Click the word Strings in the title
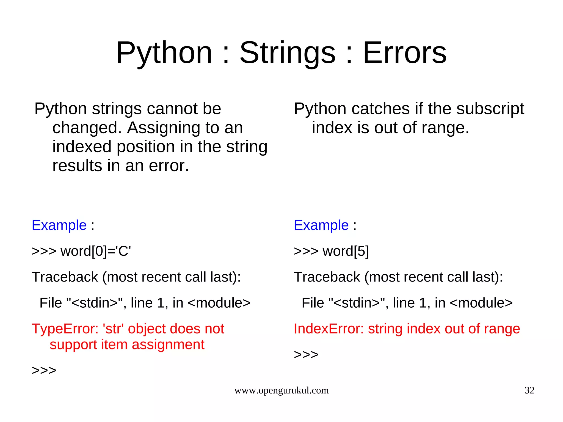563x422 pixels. [288, 53]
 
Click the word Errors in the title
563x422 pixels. [405, 53]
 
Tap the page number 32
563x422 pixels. [529, 390]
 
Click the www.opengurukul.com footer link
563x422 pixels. [281, 390]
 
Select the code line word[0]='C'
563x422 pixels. [95, 251]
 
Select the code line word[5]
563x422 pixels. [346, 251]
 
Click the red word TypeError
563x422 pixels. [65, 329]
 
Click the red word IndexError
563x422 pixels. [329, 329]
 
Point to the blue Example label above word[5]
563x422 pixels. [321, 225]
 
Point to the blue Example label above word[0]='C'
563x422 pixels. [59, 225]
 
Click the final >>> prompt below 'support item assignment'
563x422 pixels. [44, 370]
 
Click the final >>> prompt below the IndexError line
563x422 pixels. [306, 354]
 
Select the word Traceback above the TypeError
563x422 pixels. [65, 277]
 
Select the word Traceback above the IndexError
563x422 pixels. [327, 277]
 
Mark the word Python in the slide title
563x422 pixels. [164, 53]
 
